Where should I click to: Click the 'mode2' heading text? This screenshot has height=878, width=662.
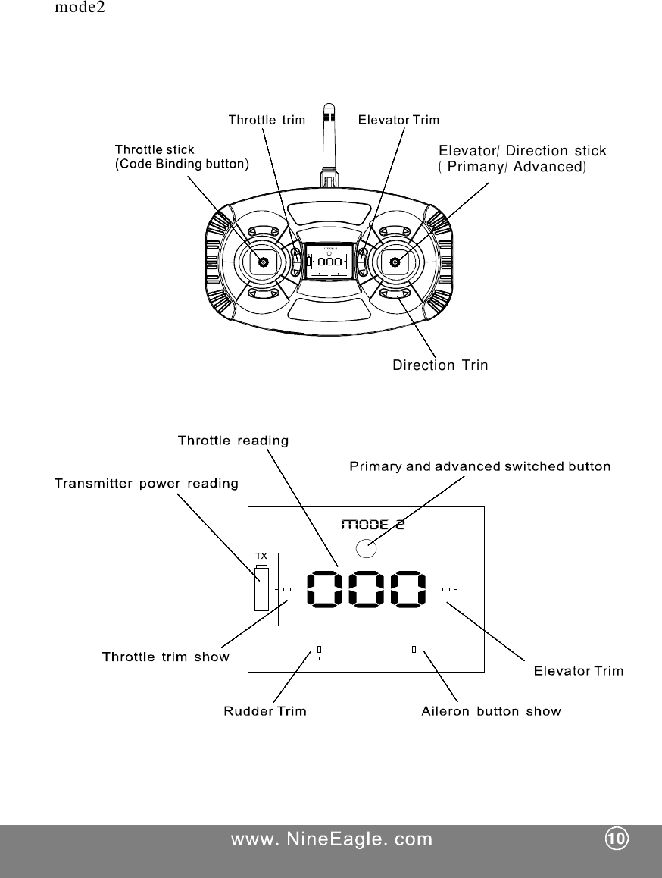pos(80,10)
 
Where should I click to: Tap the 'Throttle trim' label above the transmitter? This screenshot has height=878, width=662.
pos(267,119)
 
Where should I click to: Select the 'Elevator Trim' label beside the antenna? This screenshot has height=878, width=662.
pos(398,119)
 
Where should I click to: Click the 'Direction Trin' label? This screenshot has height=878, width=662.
pos(440,365)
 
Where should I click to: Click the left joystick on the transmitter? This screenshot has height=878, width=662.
pos(263,262)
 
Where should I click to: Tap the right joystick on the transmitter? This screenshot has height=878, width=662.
pos(395,262)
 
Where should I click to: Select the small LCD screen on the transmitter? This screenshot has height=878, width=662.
pos(329,261)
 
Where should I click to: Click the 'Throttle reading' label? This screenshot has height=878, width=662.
pos(233,440)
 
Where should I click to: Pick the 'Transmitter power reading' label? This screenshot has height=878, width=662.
pos(146,483)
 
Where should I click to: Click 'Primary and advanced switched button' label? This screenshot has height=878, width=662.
pos(479,466)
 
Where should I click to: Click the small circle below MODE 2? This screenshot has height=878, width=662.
pos(366,547)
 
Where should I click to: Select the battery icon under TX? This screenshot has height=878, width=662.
pos(261,588)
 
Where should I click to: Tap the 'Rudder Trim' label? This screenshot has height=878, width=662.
pos(265,711)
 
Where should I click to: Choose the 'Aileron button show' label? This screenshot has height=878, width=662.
pos(491,711)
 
